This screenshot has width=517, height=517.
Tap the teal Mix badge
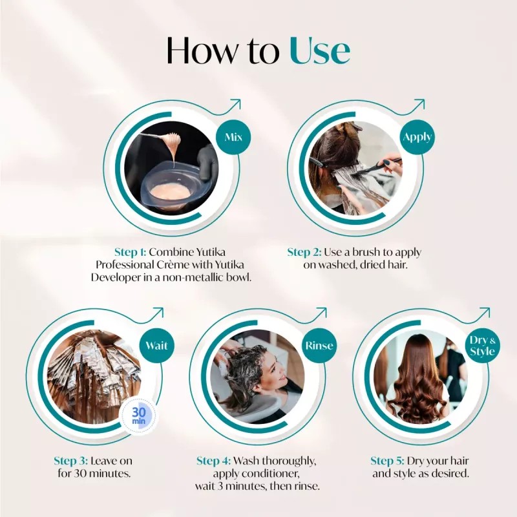[233, 138]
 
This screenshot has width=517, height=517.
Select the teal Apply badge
[417, 137]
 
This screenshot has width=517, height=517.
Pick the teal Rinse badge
[319, 346]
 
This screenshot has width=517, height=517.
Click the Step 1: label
[131, 252]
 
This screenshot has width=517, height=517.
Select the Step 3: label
[70, 461]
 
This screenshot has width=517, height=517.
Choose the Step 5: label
[387, 461]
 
